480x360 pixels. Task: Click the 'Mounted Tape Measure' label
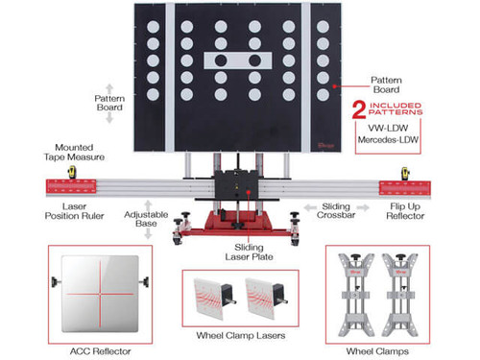pyautogui.click(x=74, y=153)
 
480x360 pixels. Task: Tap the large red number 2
pyautogui.click(x=359, y=110)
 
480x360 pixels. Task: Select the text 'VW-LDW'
pyautogui.click(x=388, y=128)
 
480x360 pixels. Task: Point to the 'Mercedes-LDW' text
pyautogui.click(x=388, y=140)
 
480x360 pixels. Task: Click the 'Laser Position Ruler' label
pyautogui.click(x=74, y=211)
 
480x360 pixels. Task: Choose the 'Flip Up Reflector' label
pyautogui.click(x=405, y=211)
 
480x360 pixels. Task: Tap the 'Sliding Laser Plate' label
pyautogui.click(x=249, y=252)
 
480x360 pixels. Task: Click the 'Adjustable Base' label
pyautogui.click(x=146, y=219)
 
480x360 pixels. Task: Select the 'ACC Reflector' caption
pyautogui.click(x=101, y=351)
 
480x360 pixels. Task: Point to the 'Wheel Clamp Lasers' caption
pyautogui.click(x=241, y=335)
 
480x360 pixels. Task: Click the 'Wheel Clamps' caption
pyautogui.click(x=377, y=351)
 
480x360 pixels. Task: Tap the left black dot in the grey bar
pyautogui.click(x=221, y=60)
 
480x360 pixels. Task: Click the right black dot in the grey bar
pyautogui.click(x=255, y=60)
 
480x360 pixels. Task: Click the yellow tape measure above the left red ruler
pyautogui.click(x=72, y=172)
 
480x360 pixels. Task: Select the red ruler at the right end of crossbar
pyautogui.click(x=405, y=188)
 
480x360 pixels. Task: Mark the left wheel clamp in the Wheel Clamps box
pyautogui.click(x=356, y=295)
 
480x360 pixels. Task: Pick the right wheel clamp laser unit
pyautogui.click(x=267, y=298)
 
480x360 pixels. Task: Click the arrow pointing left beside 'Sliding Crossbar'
pyautogui.click(x=310, y=208)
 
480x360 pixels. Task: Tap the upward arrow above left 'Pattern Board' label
pyautogui.click(x=109, y=88)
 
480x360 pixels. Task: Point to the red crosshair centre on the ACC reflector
pyautogui.click(x=100, y=294)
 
